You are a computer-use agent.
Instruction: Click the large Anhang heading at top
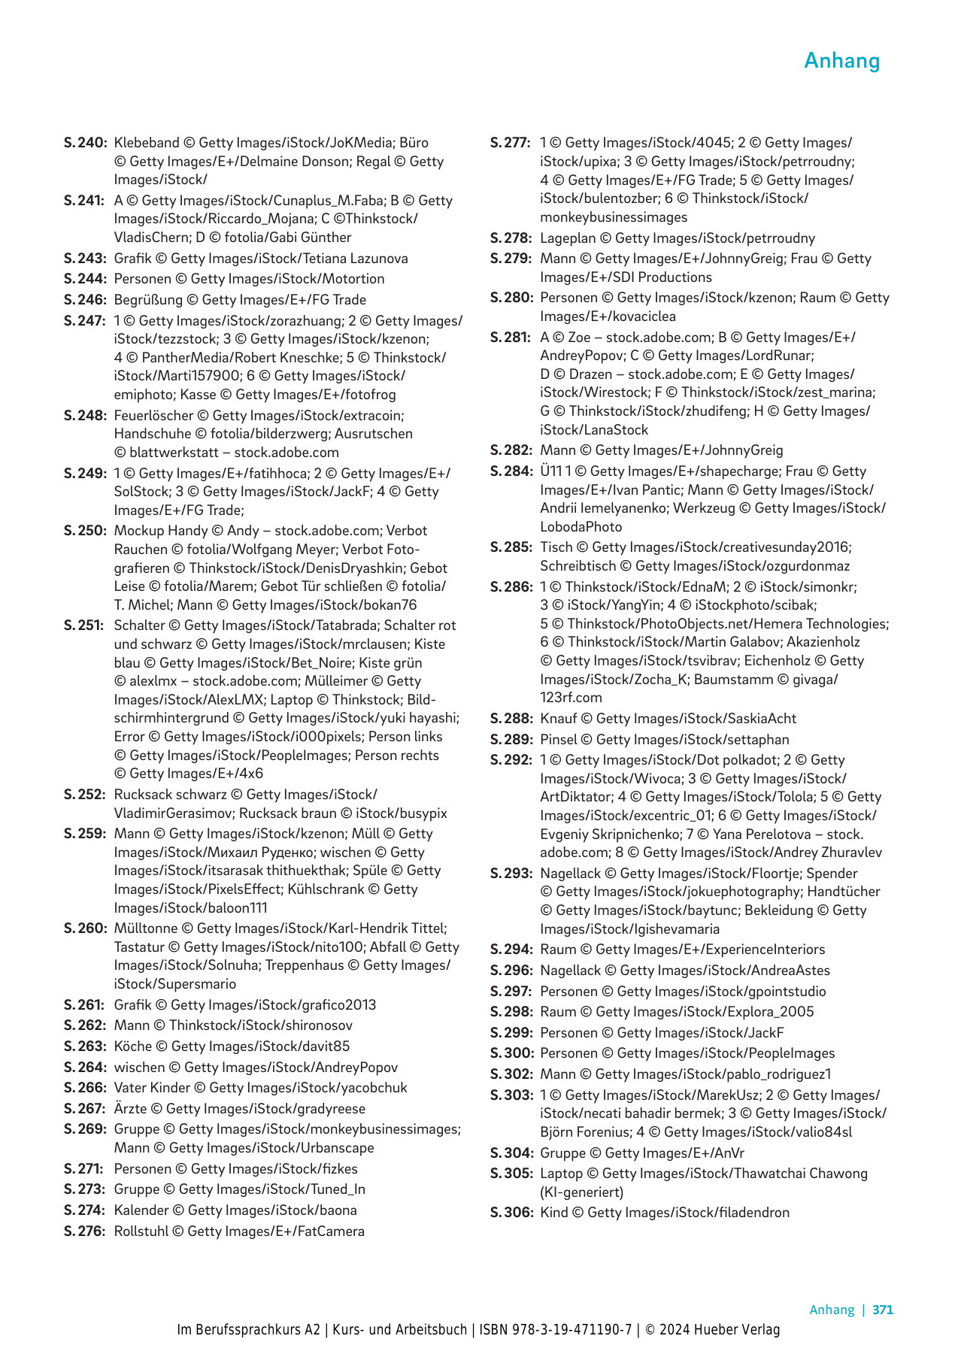point(841,60)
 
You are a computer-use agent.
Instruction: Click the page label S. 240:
point(85,143)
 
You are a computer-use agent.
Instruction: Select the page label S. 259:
point(85,834)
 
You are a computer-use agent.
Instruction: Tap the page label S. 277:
point(511,143)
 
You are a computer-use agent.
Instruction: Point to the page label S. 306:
point(511,1213)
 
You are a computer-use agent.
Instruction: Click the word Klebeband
point(147,143)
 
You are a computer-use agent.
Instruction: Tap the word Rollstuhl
point(141,1231)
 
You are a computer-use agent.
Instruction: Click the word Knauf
point(559,719)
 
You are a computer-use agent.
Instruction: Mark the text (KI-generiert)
point(581,1192)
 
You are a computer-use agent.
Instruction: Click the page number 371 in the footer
point(883,1310)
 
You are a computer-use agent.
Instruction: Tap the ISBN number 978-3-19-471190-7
point(571,1330)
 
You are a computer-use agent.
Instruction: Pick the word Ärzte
point(131,1109)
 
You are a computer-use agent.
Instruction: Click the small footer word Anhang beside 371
point(832,1310)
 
